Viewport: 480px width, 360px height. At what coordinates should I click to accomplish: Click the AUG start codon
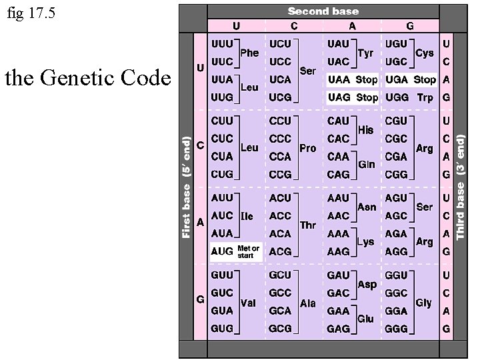point(222,251)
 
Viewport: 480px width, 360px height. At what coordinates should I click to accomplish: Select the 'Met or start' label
point(248,251)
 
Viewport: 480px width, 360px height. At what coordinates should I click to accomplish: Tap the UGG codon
point(397,97)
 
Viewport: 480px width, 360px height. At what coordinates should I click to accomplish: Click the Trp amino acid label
point(425,97)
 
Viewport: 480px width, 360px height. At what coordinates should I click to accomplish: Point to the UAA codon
point(339,79)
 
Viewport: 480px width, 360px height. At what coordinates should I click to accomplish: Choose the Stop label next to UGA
point(425,79)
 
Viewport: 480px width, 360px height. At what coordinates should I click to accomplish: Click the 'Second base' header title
point(323,11)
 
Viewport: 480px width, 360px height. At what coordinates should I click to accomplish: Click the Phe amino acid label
point(249,53)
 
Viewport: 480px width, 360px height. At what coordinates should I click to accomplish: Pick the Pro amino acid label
point(307,148)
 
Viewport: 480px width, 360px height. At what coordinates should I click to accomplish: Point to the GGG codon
point(397,329)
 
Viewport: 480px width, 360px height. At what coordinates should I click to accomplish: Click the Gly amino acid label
point(423,303)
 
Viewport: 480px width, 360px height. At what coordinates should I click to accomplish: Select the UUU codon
point(222,43)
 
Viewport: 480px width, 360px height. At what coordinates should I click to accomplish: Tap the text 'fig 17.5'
point(31,13)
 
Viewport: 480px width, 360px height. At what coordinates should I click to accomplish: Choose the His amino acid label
point(365,130)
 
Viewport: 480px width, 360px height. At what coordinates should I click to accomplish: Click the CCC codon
point(280,139)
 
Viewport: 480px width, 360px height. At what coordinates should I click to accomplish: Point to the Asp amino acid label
point(367,284)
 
